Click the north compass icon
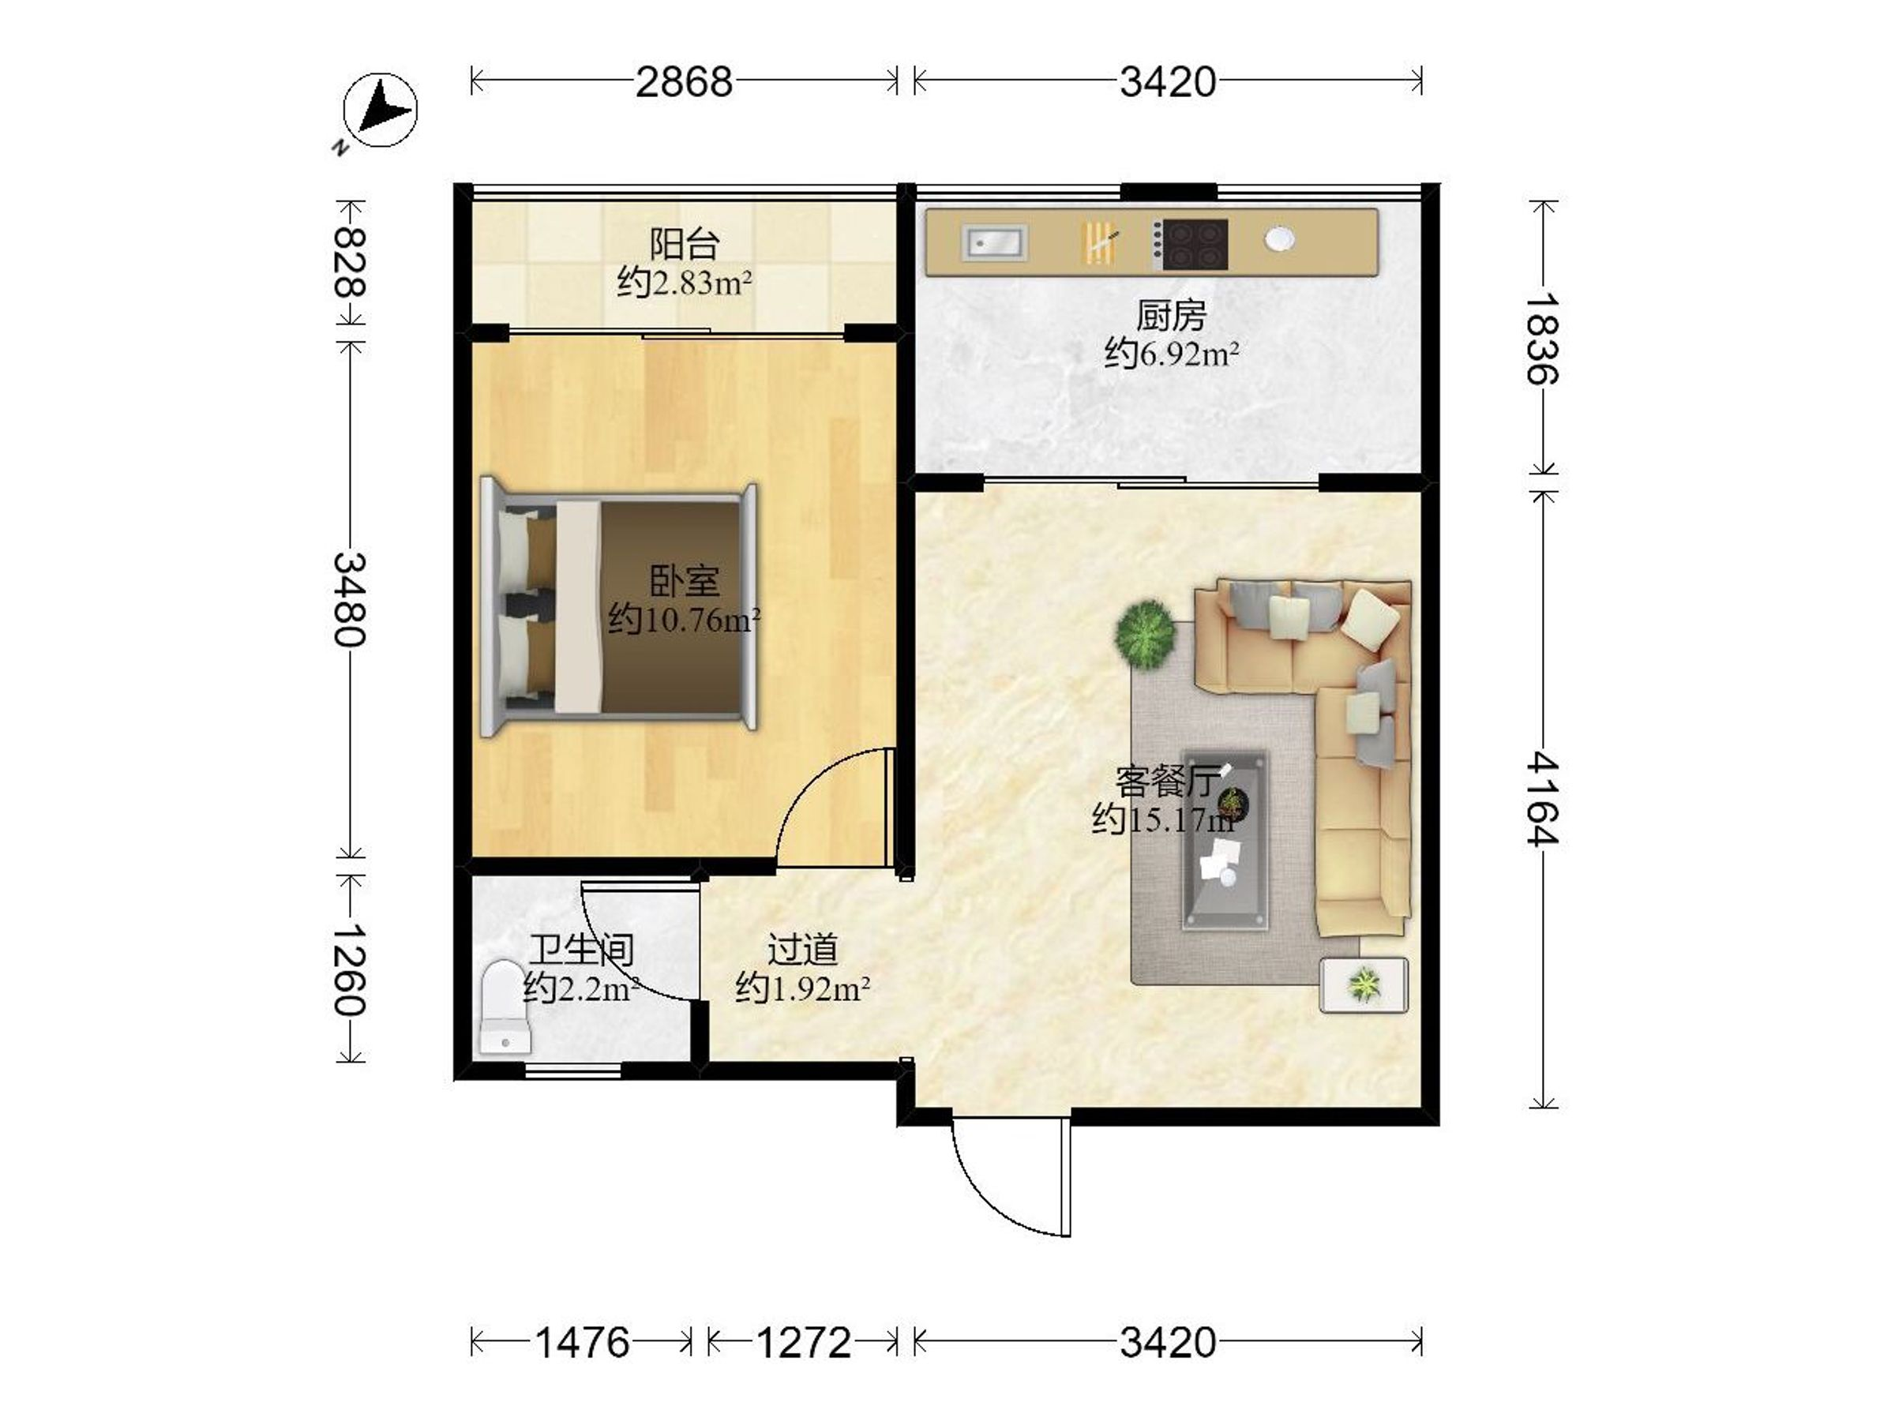tap(380, 111)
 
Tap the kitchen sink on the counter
tap(994, 242)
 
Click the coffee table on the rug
tap(1225, 840)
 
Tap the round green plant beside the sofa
tap(1146, 634)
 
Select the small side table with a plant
tap(1364, 985)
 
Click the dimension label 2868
tap(684, 82)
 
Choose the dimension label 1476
tap(583, 1343)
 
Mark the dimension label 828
tap(350, 261)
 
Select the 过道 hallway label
tap(803, 949)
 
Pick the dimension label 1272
tap(804, 1343)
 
